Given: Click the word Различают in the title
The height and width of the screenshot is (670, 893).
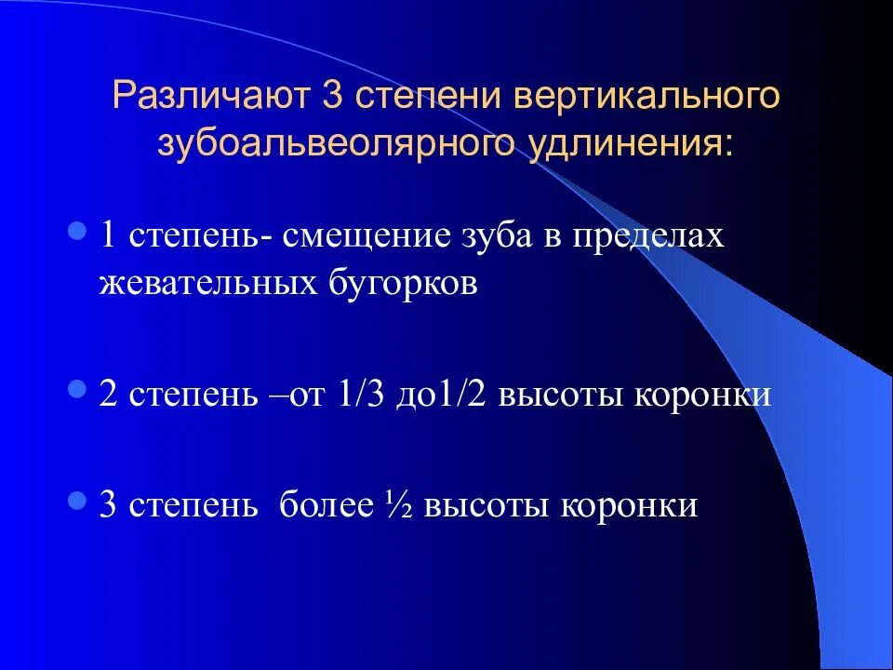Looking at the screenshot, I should (210, 98).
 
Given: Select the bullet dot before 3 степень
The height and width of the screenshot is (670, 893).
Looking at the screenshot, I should (78, 500).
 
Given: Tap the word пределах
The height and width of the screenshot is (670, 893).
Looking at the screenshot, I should (647, 235).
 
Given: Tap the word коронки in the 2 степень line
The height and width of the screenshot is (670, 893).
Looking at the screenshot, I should (703, 394).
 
